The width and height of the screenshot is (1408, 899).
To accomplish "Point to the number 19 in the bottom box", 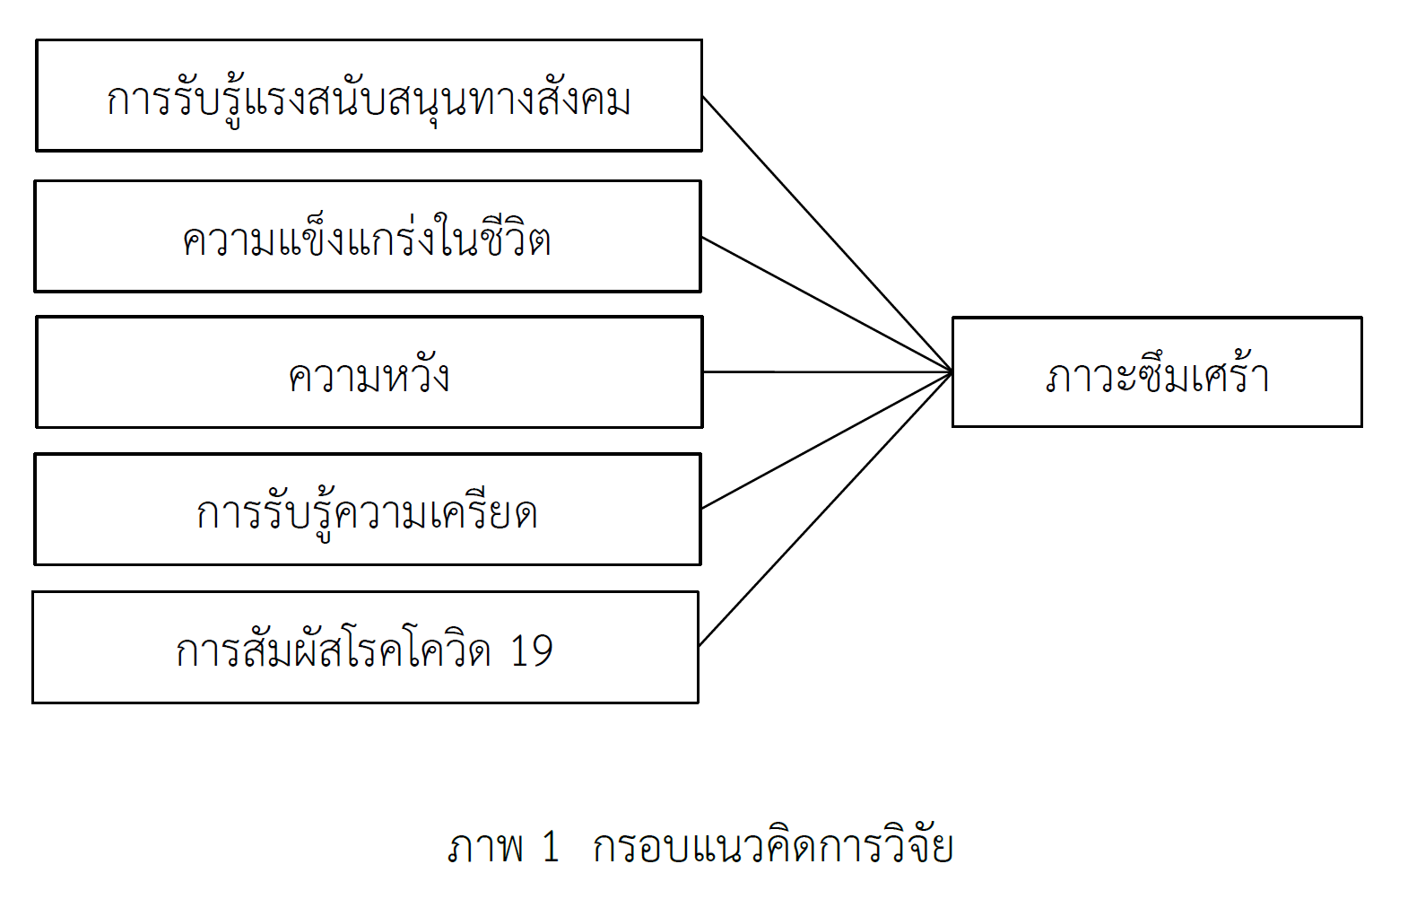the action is pyautogui.click(x=532, y=650).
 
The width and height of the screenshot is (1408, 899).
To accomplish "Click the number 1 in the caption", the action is pyautogui.click(x=551, y=846).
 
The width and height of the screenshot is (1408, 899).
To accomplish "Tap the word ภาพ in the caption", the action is pyautogui.click(x=485, y=846).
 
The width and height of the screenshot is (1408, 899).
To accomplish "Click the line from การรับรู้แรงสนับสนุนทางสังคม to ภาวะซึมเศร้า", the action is pyautogui.click(x=827, y=234).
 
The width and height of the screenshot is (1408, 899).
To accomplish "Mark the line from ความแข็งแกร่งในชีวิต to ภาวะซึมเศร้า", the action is pyautogui.click(x=827, y=304).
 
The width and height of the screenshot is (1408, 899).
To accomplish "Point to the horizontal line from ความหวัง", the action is pyautogui.click(x=827, y=372).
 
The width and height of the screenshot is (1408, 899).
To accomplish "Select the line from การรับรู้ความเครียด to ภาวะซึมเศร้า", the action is pyautogui.click(x=827, y=440).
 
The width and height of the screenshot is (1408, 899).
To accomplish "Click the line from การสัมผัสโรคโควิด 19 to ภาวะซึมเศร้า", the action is pyautogui.click(x=826, y=509).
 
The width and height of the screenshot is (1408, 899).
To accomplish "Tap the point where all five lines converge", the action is pyautogui.click(x=952, y=372).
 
